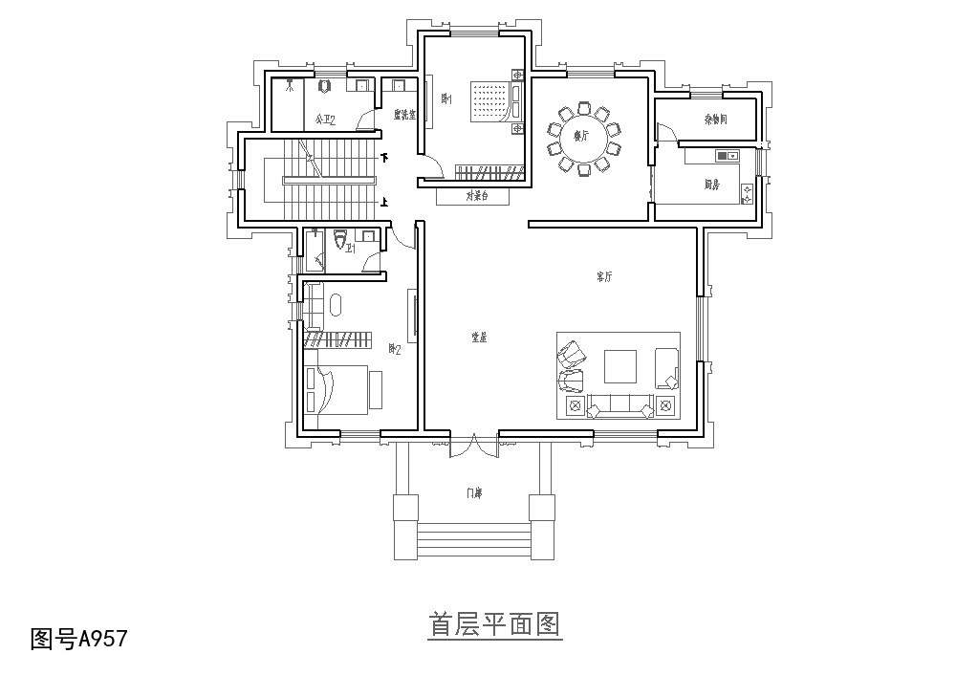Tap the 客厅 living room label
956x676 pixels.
point(604,276)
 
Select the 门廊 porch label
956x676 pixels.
point(474,493)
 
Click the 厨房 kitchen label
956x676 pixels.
point(711,183)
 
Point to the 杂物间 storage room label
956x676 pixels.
point(716,120)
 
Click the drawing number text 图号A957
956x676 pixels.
point(78,638)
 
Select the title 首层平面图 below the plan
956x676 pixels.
point(493,625)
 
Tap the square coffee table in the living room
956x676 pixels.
point(620,367)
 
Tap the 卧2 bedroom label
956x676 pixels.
point(394,349)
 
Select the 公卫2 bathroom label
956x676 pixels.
point(325,120)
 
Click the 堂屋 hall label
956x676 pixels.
point(479,337)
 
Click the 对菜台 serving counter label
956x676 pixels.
point(477,196)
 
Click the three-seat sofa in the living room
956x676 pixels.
point(620,405)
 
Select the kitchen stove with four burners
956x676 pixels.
point(747,193)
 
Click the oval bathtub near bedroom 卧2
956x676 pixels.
point(336,305)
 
